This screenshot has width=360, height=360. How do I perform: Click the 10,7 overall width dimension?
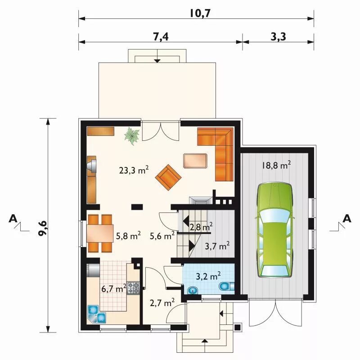(200, 13)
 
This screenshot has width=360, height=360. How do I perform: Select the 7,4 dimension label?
(161, 36)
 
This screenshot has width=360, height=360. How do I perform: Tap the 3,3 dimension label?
(278, 36)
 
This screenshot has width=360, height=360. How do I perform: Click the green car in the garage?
(275, 230)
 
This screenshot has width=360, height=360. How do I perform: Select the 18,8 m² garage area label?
(276, 165)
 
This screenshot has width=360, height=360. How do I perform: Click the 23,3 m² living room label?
(134, 170)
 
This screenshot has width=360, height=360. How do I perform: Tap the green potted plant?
(132, 136)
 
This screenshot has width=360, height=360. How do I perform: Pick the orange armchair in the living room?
(168, 177)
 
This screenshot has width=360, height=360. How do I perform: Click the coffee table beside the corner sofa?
(195, 161)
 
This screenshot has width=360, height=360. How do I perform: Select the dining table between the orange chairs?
(100, 233)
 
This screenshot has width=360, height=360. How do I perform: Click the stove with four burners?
(133, 288)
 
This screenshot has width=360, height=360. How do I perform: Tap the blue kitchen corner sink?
(96, 314)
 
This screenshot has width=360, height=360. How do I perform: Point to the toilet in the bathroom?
(227, 287)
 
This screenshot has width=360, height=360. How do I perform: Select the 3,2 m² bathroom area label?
(208, 276)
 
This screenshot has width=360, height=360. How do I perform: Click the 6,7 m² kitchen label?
(114, 288)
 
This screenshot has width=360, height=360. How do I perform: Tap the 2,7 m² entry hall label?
(162, 303)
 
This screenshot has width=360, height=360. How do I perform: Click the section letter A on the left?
(13, 218)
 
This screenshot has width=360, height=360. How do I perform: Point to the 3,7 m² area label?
(217, 246)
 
